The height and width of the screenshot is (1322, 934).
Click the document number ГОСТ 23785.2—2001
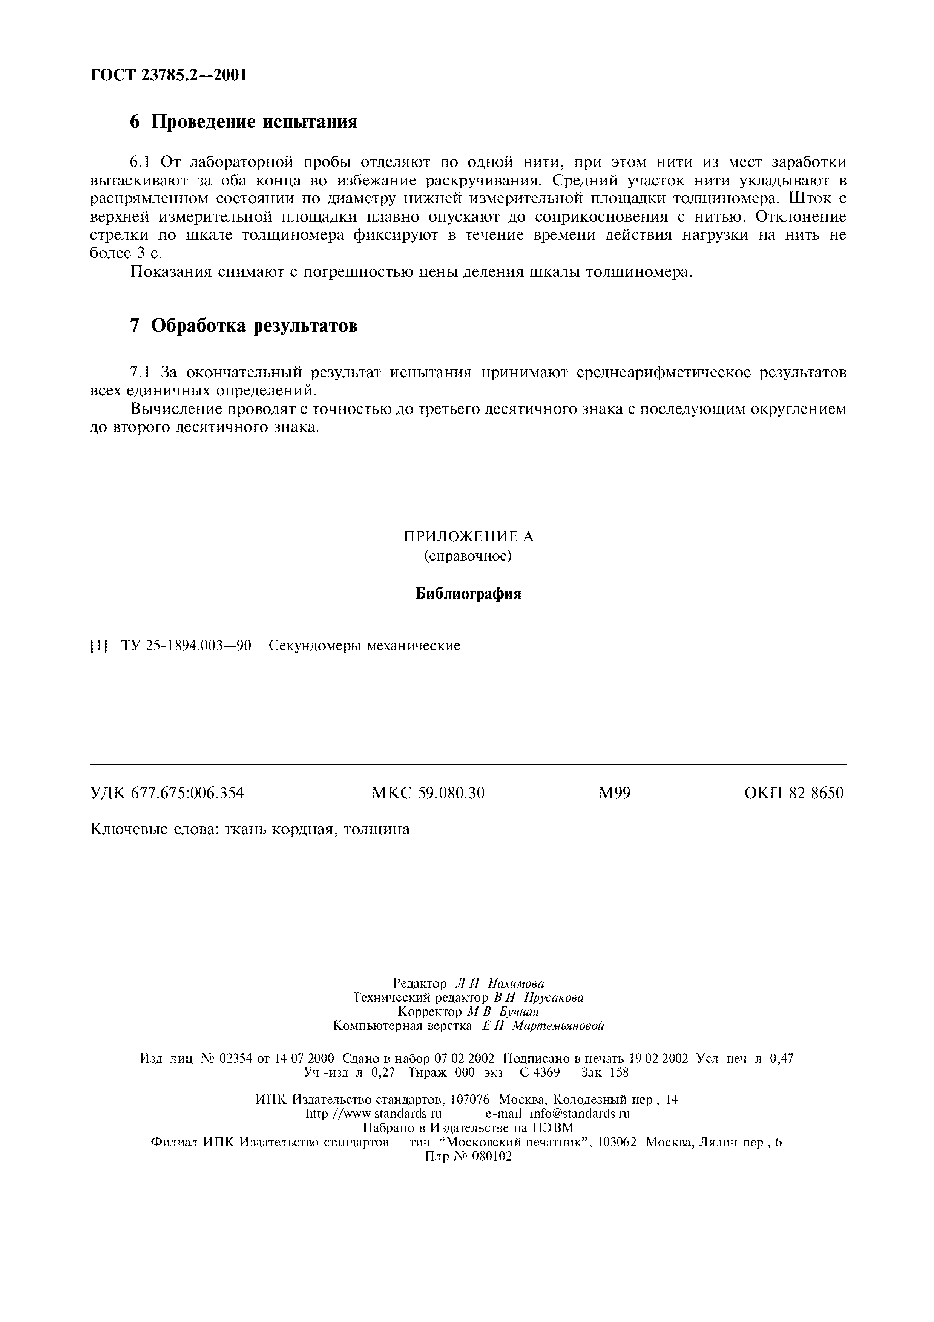(169, 75)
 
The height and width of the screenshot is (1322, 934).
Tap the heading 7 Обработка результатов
(244, 326)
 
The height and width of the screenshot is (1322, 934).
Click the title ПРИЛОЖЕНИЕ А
(468, 537)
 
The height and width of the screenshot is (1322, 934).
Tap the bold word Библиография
(468, 594)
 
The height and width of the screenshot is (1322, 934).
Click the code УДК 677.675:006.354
(167, 794)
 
